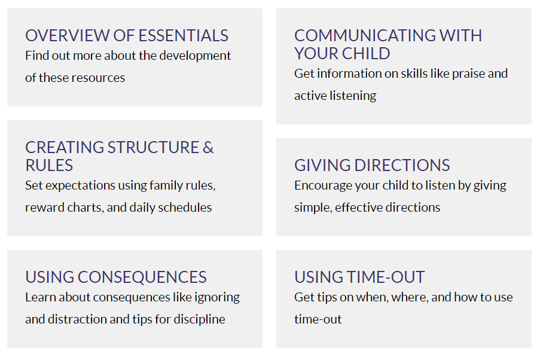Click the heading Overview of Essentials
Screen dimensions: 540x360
(x=127, y=35)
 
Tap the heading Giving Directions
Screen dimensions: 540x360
(x=372, y=166)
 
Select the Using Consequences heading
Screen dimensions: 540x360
(x=116, y=277)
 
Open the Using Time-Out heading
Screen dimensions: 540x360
(x=359, y=277)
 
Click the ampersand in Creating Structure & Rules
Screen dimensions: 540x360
(x=208, y=148)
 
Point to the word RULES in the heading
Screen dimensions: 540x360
(x=49, y=166)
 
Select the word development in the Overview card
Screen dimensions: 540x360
(x=195, y=56)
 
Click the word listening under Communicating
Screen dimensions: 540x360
(x=353, y=96)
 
